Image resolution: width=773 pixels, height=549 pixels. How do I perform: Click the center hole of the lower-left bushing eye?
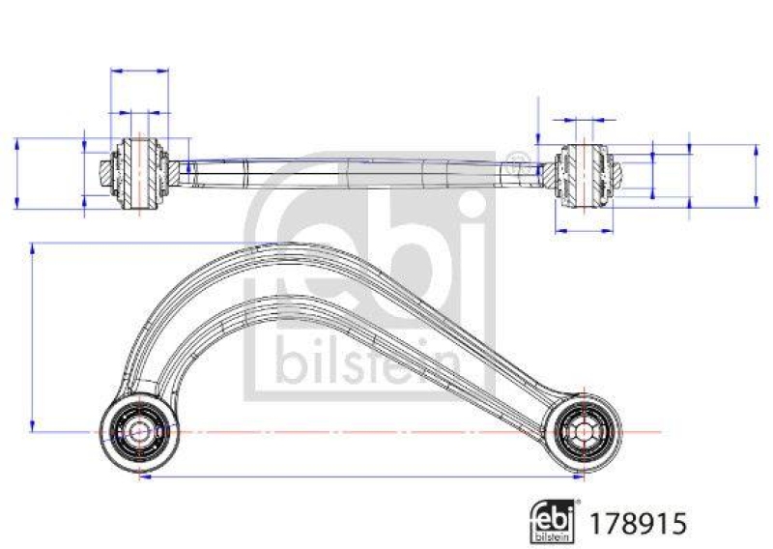coord(139,430)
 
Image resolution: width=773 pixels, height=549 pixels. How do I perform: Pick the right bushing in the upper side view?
coord(585,174)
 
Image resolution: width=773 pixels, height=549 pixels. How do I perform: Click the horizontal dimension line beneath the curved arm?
coord(361,477)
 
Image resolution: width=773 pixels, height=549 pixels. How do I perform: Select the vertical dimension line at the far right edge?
coord(756,176)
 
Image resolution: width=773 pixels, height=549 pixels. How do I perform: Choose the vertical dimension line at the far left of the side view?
coord(17,172)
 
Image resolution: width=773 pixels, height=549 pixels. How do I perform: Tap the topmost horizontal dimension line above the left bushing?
coord(141,71)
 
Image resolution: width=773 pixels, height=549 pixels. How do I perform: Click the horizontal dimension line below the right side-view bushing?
coord(585,230)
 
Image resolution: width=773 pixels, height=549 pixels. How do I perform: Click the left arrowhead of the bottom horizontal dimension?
coord(144,477)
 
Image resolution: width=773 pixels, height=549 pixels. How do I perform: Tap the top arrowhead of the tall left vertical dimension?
coord(34,248)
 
